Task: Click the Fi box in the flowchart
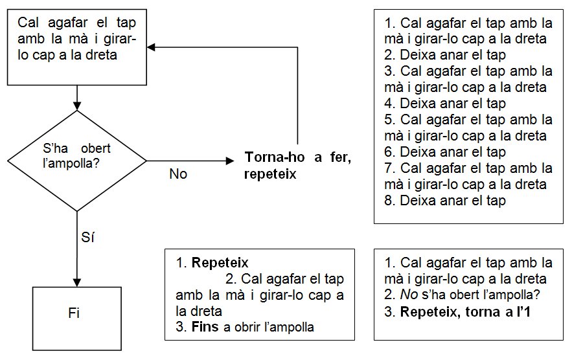[x=77, y=313]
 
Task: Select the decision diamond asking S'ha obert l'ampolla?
[x=77, y=160]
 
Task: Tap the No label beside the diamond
[x=177, y=174]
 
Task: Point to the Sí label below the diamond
[x=89, y=238]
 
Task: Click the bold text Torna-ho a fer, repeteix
[x=297, y=166]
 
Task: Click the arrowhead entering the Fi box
[x=77, y=282]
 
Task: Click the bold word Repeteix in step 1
[x=220, y=264]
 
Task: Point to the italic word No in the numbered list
[x=408, y=295]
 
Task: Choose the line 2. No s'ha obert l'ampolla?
[x=463, y=295]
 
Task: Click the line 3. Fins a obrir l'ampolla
[x=245, y=327]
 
